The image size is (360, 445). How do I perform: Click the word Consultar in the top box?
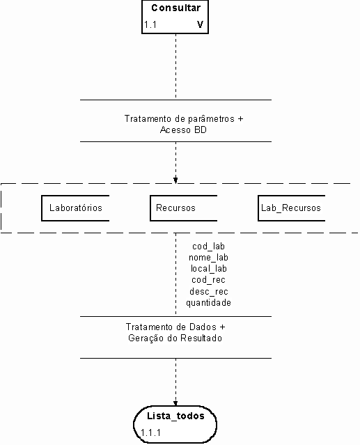pyautogui.click(x=175, y=8)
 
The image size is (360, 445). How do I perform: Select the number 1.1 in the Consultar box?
pyautogui.click(x=150, y=24)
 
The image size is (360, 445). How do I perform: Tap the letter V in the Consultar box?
pyautogui.click(x=200, y=24)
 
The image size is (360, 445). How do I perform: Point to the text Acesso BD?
pyautogui.click(x=183, y=130)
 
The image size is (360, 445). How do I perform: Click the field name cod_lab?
pyautogui.click(x=208, y=247)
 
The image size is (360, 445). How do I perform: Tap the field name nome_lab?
pyautogui.click(x=208, y=258)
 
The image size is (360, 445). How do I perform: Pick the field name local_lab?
pyautogui.click(x=208, y=269)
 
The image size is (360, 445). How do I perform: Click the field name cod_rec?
pyautogui.click(x=208, y=280)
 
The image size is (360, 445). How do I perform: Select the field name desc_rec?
pyautogui.click(x=209, y=292)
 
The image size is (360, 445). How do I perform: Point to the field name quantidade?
pyautogui.click(x=208, y=303)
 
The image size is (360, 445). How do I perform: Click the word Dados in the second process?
pyautogui.click(x=203, y=327)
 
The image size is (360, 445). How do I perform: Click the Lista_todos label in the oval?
pyautogui.click(x=175, y=416)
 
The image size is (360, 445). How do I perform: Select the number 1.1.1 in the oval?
pyautogui.click(x=150, y=432)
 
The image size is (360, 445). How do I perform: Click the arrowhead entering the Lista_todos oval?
pyautogui.click(x=175, y=404)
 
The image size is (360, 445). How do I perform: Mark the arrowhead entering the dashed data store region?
pyautogui.click(x=175, y=180)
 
